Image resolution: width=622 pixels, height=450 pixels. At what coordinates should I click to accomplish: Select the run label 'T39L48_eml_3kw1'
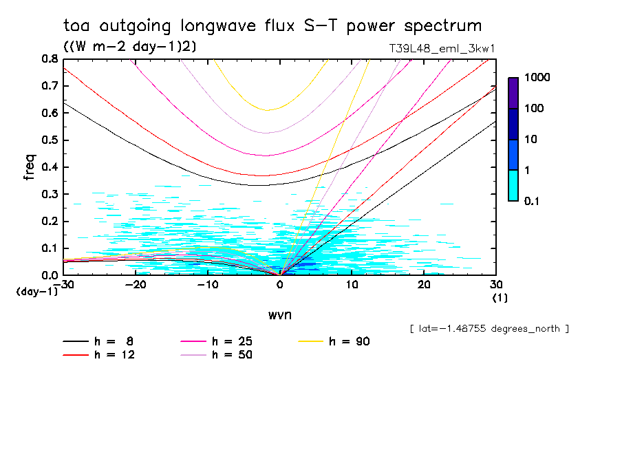442,48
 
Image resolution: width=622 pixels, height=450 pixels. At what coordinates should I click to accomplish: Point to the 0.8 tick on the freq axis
50,59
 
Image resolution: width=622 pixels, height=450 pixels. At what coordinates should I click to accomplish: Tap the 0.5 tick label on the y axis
50,140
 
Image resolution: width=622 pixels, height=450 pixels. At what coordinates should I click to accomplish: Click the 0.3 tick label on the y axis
50,194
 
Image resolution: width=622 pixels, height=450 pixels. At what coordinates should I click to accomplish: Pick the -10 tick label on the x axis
207,284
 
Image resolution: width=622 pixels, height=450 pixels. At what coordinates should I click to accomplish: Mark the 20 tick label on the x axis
425,284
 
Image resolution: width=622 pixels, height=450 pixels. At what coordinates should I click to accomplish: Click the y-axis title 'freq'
30,167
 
